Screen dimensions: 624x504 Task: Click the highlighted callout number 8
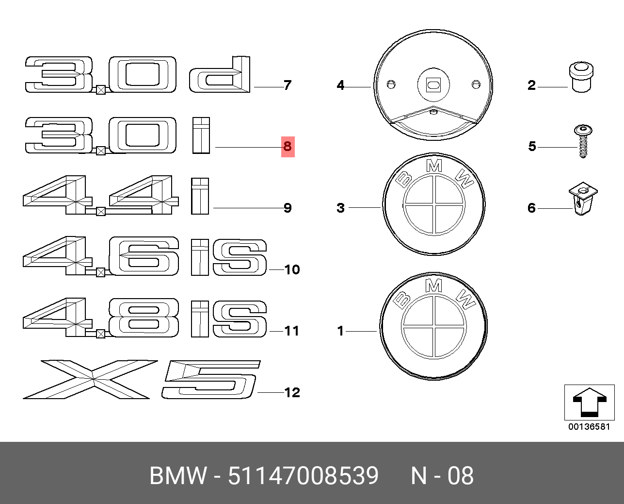[288, 147]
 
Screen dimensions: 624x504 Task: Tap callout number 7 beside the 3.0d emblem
[288, 85]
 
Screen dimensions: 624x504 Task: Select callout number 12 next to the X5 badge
[292, 393]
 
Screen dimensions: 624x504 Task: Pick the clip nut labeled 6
[583, 199]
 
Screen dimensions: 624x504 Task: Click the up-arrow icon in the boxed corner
[590, 403]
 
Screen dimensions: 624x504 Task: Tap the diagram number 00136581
[589, 427]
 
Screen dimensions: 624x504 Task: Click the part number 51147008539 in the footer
[304, 476]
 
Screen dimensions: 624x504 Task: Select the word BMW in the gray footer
[178, 476]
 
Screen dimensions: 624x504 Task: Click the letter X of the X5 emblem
[91, 379]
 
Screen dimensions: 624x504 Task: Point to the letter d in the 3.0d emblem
[220, 74]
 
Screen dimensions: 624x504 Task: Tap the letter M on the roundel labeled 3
[434, 166]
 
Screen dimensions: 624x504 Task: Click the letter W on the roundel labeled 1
[466, 299]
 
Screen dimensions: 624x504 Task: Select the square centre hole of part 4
[433, 85]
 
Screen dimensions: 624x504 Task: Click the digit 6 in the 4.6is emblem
[144, 256]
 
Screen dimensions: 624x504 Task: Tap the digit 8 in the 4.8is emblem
[144, 318]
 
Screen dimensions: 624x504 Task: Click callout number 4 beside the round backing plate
[340, 85]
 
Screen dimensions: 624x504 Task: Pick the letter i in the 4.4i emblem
[200, 196]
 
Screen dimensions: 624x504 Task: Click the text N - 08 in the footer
[442, 476]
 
